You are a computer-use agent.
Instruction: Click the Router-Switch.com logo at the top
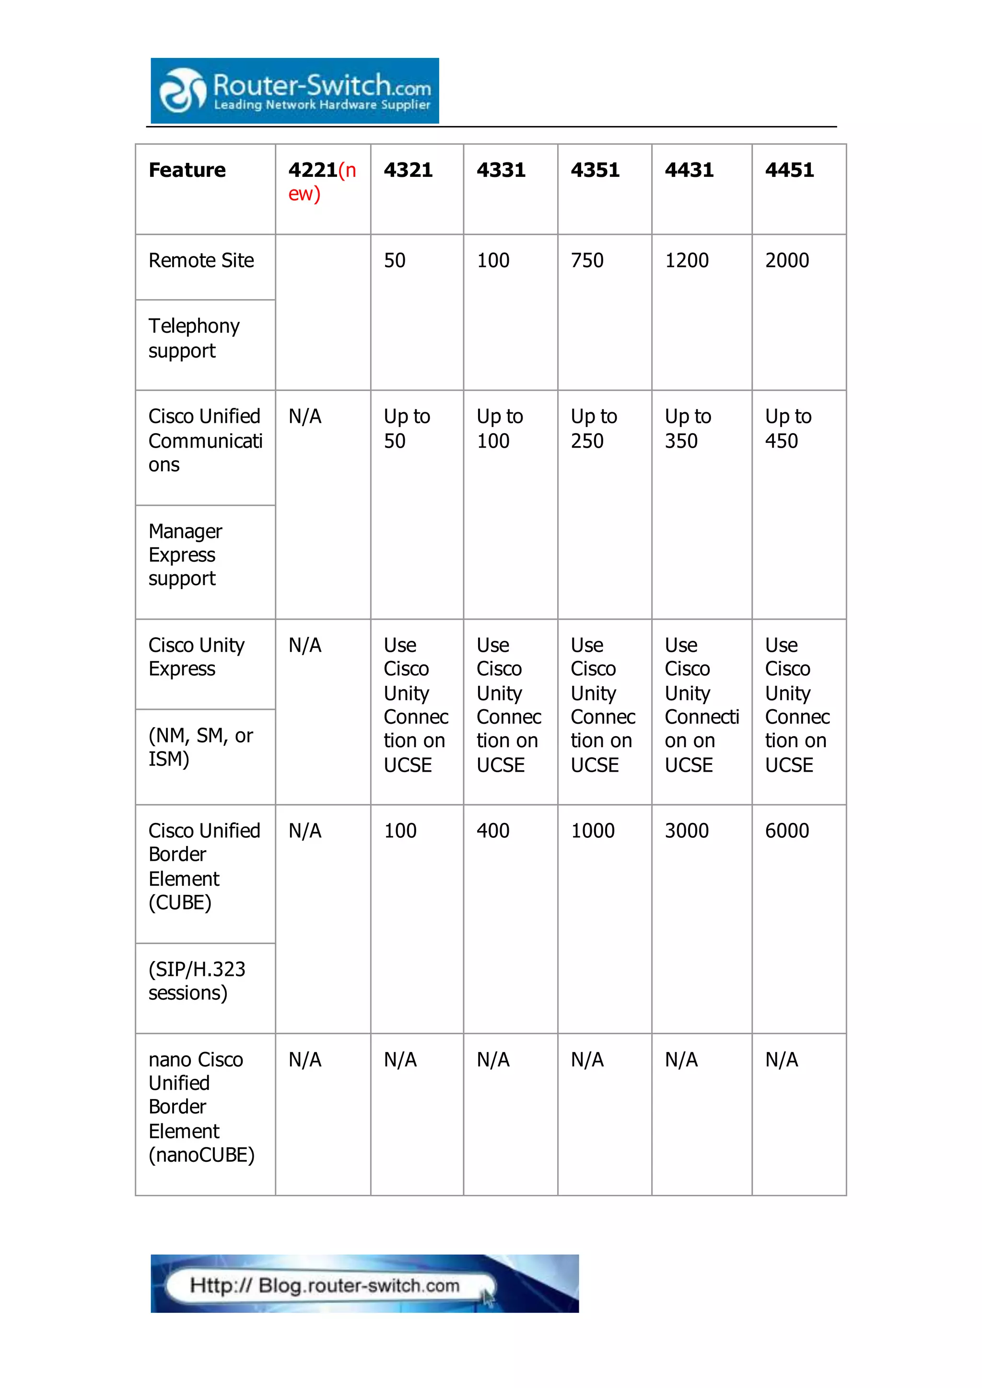tap(294, 91)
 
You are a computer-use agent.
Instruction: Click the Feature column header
tap(187, 170)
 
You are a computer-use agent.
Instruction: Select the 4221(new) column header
tap(322, 181)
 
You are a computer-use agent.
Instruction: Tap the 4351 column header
tap(595, 170)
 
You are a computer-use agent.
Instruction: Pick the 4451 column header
tap(789, 170)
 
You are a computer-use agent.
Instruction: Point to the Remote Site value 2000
tap(787, 261)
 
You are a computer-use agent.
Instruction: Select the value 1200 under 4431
tap(686, 261)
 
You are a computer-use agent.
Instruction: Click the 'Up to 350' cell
tap(688, 428)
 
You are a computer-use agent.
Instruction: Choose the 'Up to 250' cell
tap(594, 428)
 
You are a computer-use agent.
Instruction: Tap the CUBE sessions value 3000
tap(686, 831)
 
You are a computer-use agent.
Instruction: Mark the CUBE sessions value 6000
tap(787, 831)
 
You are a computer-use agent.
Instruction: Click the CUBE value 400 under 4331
tap(493, 831)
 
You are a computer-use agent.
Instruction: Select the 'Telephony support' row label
tap(194, 338)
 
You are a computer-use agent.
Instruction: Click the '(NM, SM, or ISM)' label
tap(200, 747)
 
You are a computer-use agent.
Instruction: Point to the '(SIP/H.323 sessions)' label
tap(197, 981)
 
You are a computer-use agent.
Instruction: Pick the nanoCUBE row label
tap(201, 1107)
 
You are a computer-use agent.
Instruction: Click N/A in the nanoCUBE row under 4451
tap(781, 1060)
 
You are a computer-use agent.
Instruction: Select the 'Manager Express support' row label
tap(185, 555)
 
